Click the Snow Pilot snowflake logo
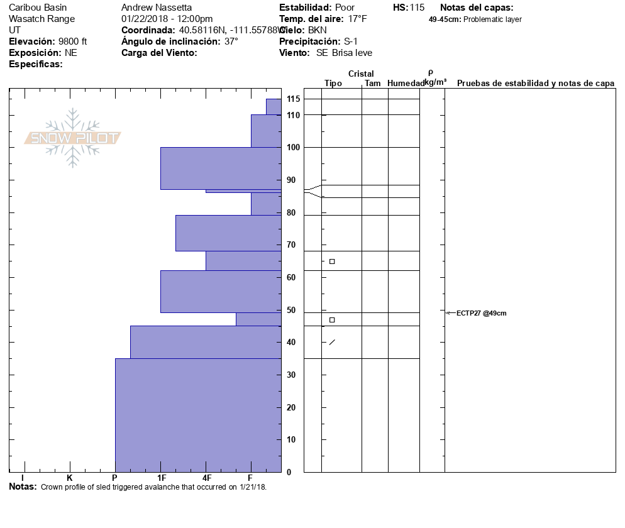[x=73, y=138]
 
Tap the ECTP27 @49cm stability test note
[x=481, y=313]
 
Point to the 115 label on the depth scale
[x=293, y=99]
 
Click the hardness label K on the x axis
[x=70, y=478]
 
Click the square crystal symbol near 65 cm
[x=332, y=261]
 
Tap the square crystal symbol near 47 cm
[x=332, y=320]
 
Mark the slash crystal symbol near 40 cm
[x=332, y=342]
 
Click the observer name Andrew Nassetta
[x=157, y=8]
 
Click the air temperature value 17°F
[x=358, y=19]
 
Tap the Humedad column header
[x=406, y=83]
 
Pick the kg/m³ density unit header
[x=435, y=82]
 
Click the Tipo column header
[x=333, y=83]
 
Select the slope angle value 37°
[x=231, y=41]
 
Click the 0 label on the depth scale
[x=289, y=472]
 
